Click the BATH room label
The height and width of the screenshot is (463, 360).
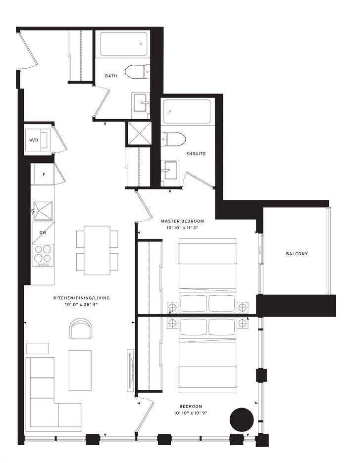coord(111,76)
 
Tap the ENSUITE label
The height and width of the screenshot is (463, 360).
coord(196,153)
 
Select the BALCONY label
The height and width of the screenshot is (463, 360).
coord(297,254)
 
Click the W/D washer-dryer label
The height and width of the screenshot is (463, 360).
coord(34,140)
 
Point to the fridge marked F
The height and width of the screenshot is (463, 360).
coord(44,175)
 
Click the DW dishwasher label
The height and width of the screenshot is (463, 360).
coord(43,232)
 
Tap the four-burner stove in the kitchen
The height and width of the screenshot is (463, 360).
coord(43,256)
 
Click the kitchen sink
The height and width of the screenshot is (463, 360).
coord(43,211)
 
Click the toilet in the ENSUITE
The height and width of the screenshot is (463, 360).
coord(173,139)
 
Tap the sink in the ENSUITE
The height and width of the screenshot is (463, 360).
coord(170,170)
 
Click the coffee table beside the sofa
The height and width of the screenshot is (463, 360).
coord(80,370)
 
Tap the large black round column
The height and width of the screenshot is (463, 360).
coord(242,420)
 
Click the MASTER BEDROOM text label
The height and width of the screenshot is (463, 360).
coord(182,221)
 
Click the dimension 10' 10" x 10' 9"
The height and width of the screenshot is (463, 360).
coord(191,413)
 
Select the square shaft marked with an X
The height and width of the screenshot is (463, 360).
coord(139,134)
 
